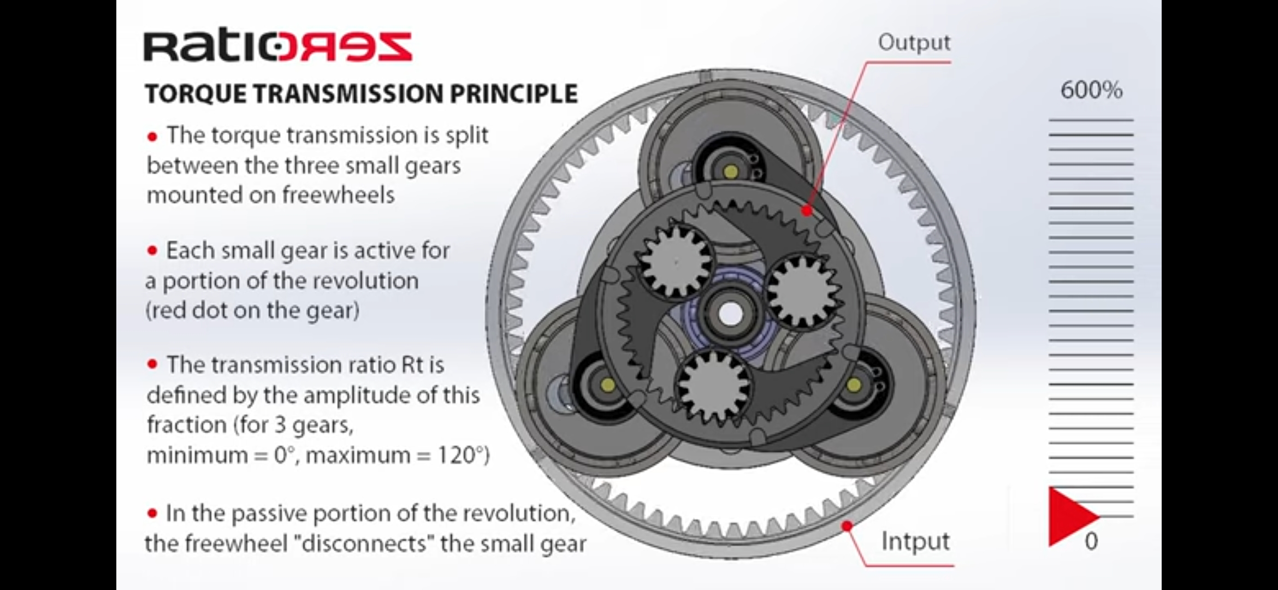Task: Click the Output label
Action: (x=914, y=43)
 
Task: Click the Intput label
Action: (x=915, y=541)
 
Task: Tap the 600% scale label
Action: (x=1091, y=90)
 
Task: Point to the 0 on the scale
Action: (x=1091, y=541)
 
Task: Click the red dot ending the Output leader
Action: (x=806, y=210)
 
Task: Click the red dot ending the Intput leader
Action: (x=847, y=526)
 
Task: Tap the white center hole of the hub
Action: (x=729, y=314)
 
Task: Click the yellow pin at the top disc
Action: (x=730, y=172)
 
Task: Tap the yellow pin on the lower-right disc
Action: (x=854, y=386)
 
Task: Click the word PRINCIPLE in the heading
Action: (x=513, y=94)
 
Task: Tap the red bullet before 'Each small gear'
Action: (x=152, y=251)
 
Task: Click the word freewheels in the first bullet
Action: (x=338, y=195)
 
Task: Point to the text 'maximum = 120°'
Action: (x=397, y=455)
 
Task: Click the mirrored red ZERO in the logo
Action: (x=345, y=47)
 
